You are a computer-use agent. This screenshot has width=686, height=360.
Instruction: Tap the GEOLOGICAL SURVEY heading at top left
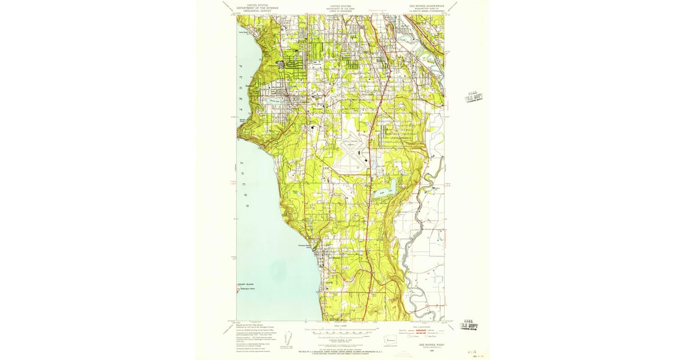point(257,11)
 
